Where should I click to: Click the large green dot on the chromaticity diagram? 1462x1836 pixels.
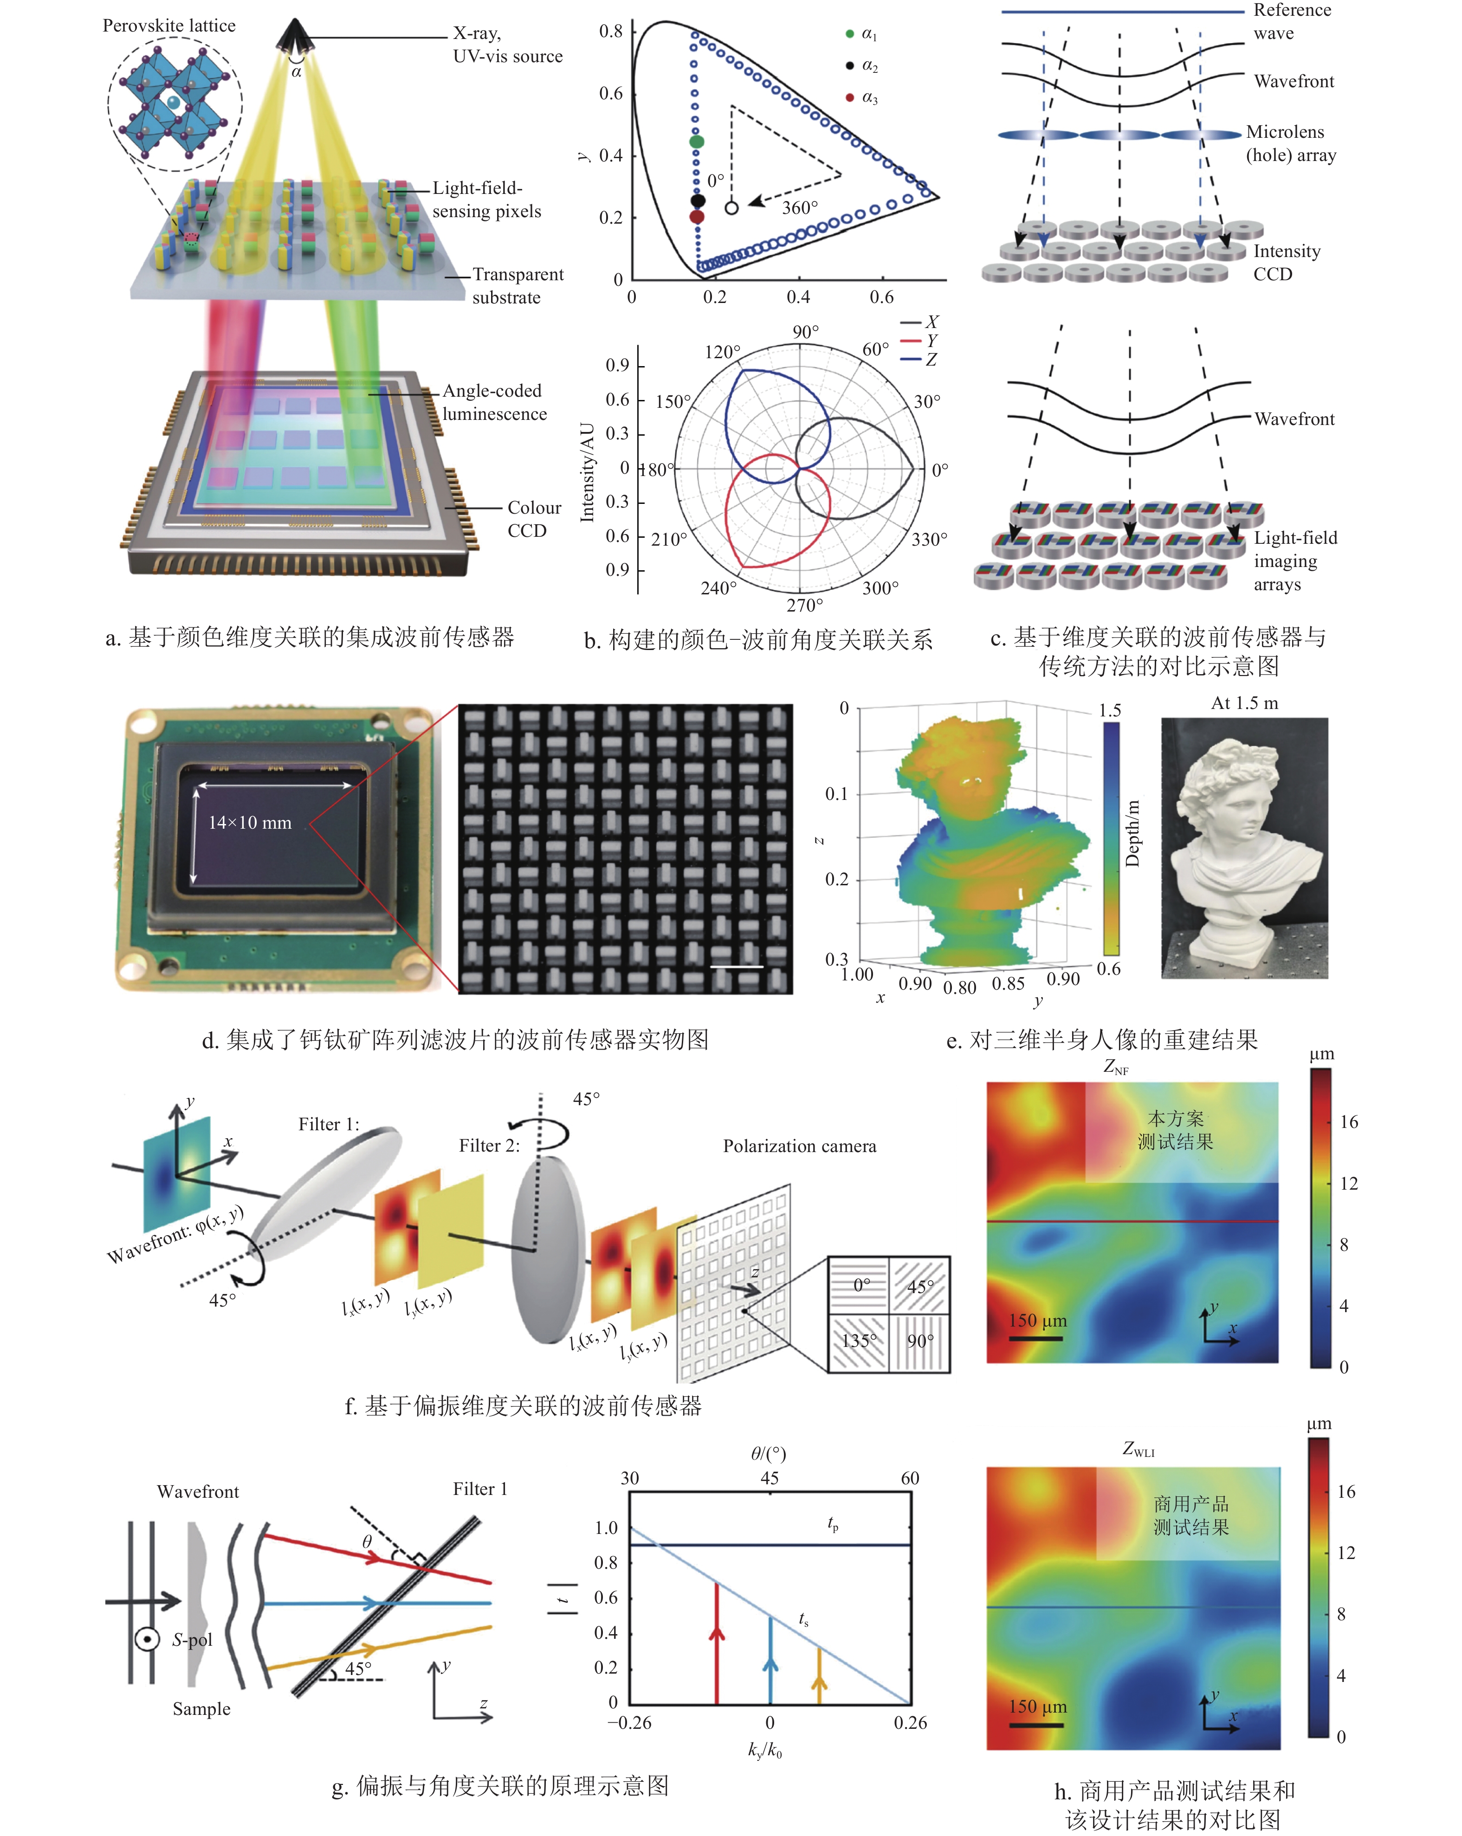click(x=696, y=142)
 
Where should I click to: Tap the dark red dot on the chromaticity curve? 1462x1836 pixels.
click(x=696, y=216)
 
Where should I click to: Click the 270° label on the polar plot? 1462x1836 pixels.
click(x=804, y=605)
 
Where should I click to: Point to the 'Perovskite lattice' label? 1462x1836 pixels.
click(x=168, y=26)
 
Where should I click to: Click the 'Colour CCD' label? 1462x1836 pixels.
click(x=534, y=519)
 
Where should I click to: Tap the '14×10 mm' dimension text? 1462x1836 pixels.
click(x=250, y=823)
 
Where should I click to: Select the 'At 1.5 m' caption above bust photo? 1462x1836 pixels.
click(x=1244, y=702)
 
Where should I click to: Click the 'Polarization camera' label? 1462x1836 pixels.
click(x=799, y=1146)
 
